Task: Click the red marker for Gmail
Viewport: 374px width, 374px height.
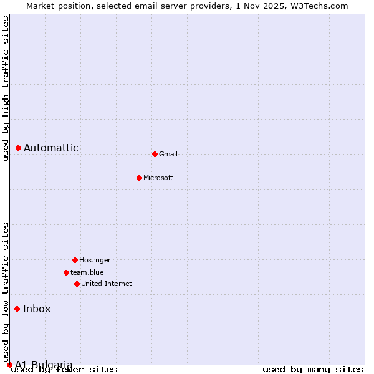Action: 155,154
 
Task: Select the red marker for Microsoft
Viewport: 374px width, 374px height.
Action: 139,178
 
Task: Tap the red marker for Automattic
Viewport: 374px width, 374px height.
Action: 19,148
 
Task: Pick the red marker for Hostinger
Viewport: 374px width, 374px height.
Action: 75,260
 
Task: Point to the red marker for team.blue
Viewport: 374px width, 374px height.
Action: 66,272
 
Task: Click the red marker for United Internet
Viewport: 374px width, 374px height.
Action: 77,284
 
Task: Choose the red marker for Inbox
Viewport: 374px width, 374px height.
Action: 17,309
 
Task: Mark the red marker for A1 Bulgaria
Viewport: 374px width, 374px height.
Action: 9,365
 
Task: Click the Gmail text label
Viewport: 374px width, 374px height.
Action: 168,154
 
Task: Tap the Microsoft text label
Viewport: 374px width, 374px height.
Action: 158,178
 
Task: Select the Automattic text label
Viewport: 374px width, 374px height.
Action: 51,148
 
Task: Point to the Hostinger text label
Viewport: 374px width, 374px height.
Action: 95,260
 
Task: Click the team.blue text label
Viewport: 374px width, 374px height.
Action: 87,272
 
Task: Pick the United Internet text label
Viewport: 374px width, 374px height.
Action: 107,284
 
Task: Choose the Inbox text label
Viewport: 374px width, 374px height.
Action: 37,309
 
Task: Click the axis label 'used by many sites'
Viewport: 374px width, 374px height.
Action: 313,370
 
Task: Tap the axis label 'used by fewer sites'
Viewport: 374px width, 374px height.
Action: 65,370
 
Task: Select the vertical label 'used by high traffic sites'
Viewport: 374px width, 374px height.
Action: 6,89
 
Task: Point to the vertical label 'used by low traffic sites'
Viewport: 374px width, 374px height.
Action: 6,292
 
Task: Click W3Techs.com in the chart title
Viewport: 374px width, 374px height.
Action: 317,6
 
